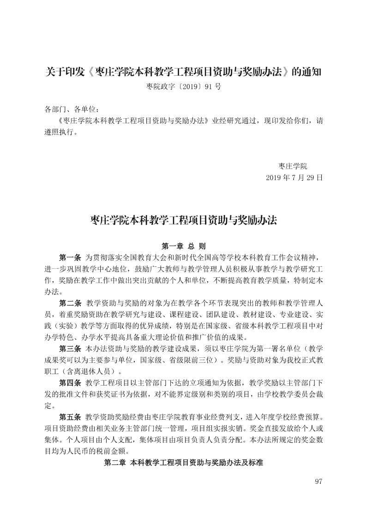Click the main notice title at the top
coord(183,72)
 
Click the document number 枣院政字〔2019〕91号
coord(183,86)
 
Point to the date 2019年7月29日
coord(294,178)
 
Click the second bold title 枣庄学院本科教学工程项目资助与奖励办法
coord(183,219)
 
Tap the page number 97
coord(318,482)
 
